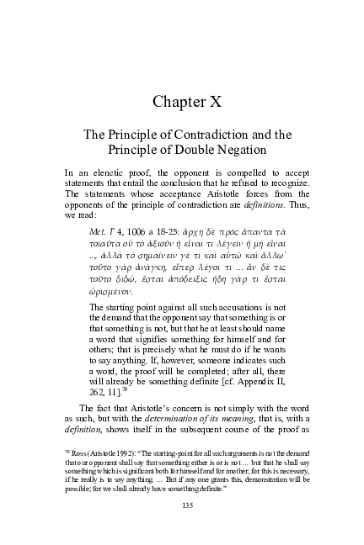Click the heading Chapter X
coord(181,102)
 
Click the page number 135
coord(182,505)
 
